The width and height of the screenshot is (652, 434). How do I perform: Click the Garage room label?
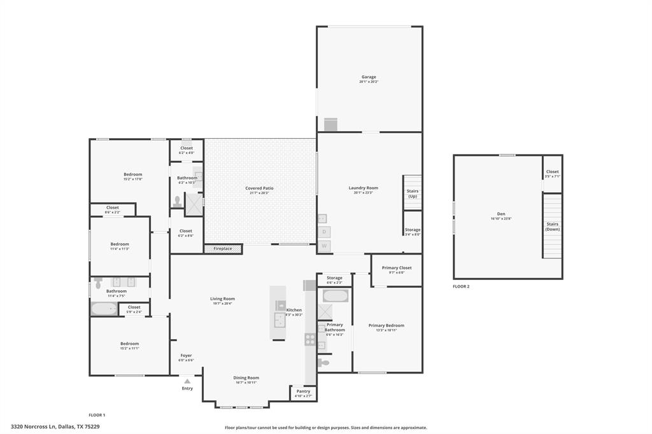(369, 77)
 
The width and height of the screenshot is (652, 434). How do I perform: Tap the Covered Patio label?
(259, 188)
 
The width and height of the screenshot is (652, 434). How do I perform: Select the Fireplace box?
(223, 249)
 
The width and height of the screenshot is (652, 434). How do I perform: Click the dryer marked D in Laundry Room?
(324, 232)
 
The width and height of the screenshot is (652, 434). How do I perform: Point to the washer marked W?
(324, 246)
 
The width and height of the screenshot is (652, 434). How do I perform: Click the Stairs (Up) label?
(413, 193)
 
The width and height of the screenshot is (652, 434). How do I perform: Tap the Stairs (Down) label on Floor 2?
(552, 226)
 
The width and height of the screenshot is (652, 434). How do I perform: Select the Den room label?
(500, 214)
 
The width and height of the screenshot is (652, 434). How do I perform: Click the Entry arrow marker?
(187, 382)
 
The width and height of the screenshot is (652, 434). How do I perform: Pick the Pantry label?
(303, 391)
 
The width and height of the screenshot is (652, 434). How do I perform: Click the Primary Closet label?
(397, 268)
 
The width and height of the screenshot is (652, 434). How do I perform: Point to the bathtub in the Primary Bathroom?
(334, 296)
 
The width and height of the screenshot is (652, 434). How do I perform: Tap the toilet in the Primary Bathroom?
(324, 363)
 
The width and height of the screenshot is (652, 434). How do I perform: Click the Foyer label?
(186, 356)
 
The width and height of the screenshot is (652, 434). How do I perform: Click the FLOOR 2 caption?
(461, 287)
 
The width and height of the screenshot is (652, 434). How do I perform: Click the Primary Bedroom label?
(386, 326)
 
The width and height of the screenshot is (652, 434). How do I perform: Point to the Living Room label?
(222, 298)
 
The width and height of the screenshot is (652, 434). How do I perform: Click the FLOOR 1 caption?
(97, 415)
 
